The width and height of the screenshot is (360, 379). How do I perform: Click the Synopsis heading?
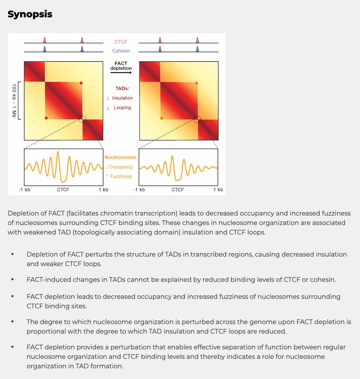click(30, 14)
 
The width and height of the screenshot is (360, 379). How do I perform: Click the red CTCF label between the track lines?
click(121, 42)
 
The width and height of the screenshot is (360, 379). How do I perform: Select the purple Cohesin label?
click(121, 51)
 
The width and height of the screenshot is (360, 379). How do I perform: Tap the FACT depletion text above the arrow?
click(121, 66)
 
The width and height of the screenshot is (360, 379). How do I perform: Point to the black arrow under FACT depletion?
click(121, 73)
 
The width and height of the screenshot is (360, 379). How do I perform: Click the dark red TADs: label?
click(122, 89)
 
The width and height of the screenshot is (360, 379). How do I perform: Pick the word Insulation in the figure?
click(122, 98)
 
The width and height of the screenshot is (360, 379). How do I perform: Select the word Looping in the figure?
click(122, 107)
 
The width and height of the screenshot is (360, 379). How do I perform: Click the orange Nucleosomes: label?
click(121, 157)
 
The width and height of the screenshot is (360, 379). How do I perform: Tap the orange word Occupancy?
click(121, 167)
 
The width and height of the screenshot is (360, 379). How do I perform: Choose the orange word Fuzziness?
click(121, 176)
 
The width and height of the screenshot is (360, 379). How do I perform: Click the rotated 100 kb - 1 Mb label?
click(14, 101)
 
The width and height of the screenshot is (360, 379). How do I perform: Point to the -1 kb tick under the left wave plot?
click(24, 190)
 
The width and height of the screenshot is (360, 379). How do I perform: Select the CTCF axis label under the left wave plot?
click(63, 190)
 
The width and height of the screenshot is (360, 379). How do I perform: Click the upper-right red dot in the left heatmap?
click(81, 83)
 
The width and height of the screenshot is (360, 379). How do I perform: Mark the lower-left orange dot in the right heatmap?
click(161, 118)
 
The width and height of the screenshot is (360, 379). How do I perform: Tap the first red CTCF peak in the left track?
click(45, 40)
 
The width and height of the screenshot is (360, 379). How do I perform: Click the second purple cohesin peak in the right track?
click(197, 49)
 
